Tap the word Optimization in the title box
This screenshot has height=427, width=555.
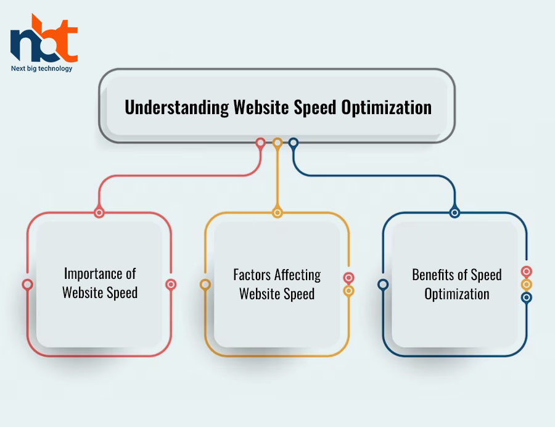[387, 107]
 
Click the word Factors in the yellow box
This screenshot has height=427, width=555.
[252, 275]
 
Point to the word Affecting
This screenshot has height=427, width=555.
[298, 275]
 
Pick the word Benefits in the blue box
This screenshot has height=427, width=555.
[433, 275]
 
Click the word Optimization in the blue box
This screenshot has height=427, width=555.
[457, 294]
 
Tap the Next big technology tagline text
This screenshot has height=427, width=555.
[41, 68]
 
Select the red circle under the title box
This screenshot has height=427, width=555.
[260, 143]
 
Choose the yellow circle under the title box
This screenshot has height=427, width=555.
[277, 143]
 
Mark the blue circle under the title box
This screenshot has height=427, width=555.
[294, 143]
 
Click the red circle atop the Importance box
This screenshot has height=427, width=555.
[99, 213]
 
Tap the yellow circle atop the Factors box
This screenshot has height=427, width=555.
[277, 213]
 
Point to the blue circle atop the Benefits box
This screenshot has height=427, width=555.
[455, 213]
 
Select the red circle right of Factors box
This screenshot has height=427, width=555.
[348, 278]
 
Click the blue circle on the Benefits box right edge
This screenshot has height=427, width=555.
[527, 297]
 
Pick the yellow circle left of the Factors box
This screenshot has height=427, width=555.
[205, 284]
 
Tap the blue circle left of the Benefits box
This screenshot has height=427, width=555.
[383, 284]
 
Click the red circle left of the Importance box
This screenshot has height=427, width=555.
[28, 284]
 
